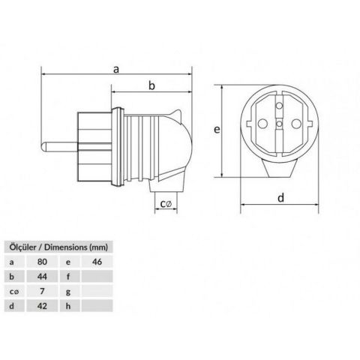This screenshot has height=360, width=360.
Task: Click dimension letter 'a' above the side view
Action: [116, 68]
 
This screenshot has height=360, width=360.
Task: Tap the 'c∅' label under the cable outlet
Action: [168, 203]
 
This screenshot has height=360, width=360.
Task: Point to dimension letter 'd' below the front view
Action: [280, 198]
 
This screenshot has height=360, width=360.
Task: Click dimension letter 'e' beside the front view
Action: [216, 130]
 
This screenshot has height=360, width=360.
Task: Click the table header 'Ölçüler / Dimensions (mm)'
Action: [58, 246]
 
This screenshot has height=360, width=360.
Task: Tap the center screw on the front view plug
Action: [279, 124]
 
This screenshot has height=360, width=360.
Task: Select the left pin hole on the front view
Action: [262, 124]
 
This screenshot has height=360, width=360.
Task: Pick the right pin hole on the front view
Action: [296, 124]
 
